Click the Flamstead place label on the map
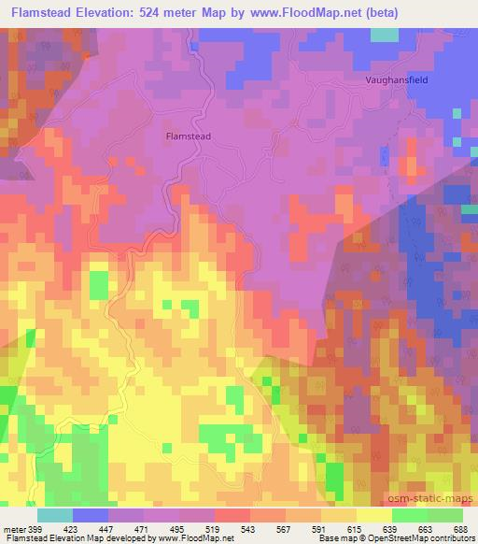coord(188,136)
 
